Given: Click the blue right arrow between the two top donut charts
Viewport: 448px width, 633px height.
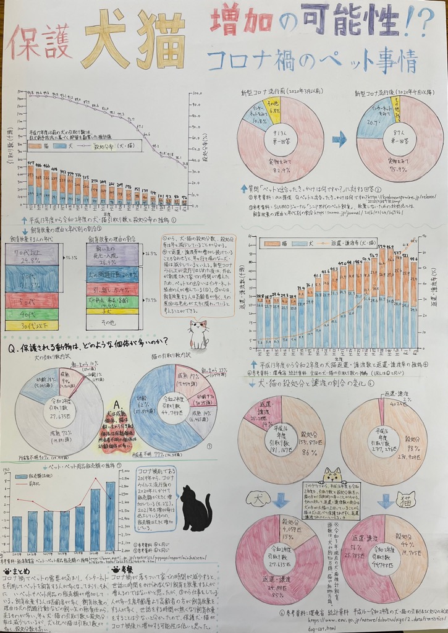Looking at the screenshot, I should (x=339, y=140).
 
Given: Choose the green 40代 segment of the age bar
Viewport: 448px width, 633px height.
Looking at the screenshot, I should (x=32, y=314).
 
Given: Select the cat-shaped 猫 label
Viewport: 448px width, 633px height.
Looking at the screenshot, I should (x=406, y=498).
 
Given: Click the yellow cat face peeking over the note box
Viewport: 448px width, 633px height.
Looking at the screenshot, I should (x=332, y=475).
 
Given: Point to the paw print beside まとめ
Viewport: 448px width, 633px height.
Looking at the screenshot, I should (x=6, y=572).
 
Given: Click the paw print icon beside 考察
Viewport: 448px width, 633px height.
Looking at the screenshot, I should (x=116, y=569).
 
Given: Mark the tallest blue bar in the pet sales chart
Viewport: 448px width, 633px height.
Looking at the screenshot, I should (x=111, y=517).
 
